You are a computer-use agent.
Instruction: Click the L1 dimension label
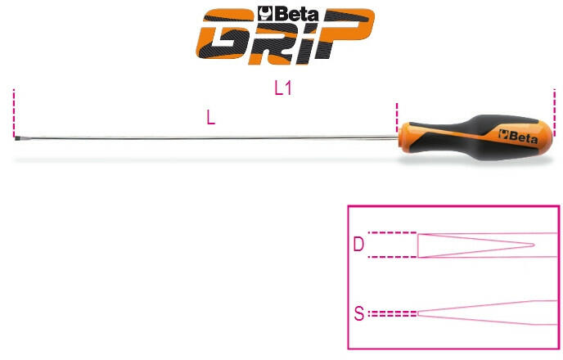pyautogui.click(x=283, y=88)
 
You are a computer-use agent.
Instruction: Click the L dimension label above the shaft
pyautogui.click(x=211, y=117)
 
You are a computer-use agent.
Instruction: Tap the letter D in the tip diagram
pyautogui.click(x=358, y=245)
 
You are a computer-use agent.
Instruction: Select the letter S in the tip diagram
pyautogui.click(x=359, y=313)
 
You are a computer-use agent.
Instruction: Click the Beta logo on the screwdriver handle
pyautogui.click(x=518, y=136)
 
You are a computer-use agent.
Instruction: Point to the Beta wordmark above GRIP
pyautogui.click(x=288, y=14)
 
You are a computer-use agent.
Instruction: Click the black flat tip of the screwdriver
pyautogui.click(x=17, y=137)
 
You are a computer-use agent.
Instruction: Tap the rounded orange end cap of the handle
pyautogui.click(x=545, y=137)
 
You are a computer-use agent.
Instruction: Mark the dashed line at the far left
pyautogui.click(x=14, y=112)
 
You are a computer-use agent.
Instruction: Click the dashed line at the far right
pyautogui.click(x=554, y=112)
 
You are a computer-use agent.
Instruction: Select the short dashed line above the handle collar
pyautogui.click(x=397, y=117)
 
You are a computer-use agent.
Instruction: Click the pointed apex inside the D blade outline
pyautogui.click(x=534, y=245)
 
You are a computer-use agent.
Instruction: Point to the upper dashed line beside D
pyautogui.click(x=393, y=233)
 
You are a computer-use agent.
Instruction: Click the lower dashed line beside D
pyautogui.click(x=393, y=257)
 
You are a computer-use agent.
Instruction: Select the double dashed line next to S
pyautogui.click(x=393, y=313)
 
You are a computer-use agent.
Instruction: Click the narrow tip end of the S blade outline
pyautogui.click(x=418, y=313)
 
